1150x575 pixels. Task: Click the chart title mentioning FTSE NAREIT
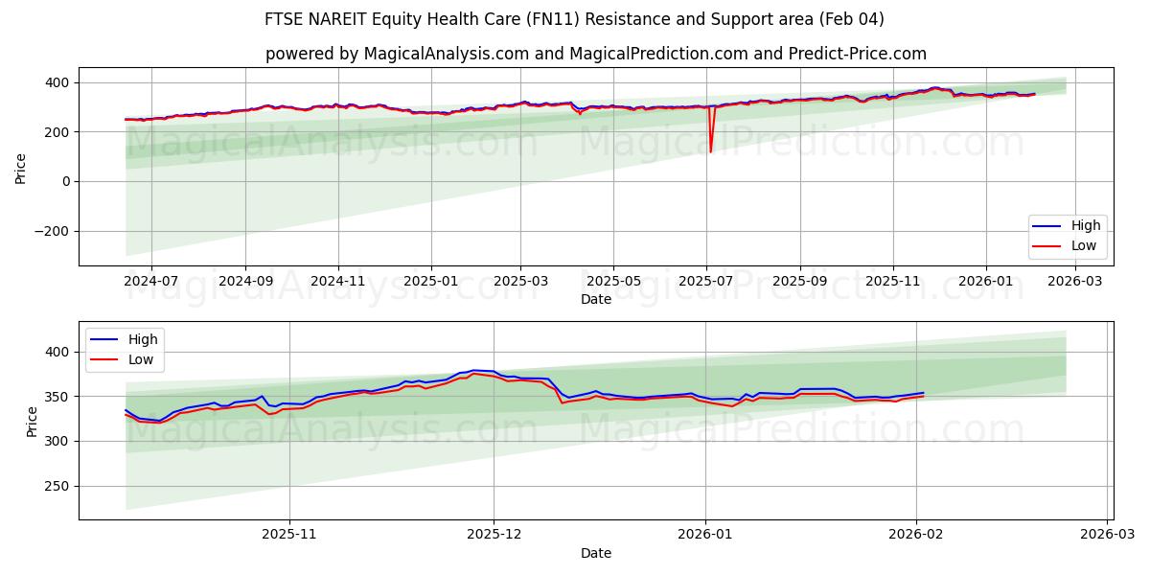(x=574, y=19)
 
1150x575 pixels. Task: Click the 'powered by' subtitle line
(x=595, y=54)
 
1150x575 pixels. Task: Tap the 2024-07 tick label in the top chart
(x=151, y=282)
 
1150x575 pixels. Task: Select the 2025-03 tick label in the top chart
(x=521, y=282)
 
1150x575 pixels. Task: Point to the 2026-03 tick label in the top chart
(x=1075, y=282)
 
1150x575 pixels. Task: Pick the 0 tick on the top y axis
(x=66, y=181)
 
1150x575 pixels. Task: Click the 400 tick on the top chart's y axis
(x=57, y=82)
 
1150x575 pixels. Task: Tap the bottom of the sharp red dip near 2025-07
(x=710, y=151)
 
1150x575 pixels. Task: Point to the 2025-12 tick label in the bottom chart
(x=494, y=536)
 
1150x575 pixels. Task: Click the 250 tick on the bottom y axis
(x=57, y=486)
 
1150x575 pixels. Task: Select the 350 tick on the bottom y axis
(x=57, y=397)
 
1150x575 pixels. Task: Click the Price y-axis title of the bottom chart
(x=33, y=421)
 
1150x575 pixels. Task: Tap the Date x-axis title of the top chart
(x=595, y=299)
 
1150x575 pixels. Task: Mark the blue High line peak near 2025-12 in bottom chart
(x=473, y=370)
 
